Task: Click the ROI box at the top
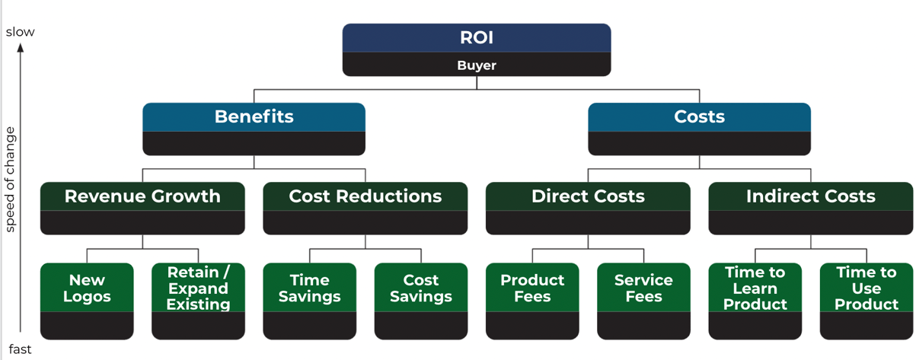pyautogui.click(x=476, y=38)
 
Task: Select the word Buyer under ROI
pyautogui.click(x=476, y=65)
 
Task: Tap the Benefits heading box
pyautogui.click(x=254, y=116)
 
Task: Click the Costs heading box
pyautogui.click(x=699, y=116)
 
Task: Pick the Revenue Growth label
pyautogui.click(x=142, y=196)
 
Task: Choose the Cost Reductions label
pyautogui.click(x=365, y=196)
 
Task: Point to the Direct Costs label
pyautogui.click(x=588, y=196)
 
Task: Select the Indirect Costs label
pyautogui.click(x=810, y=196)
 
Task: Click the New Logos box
pyautogui.click(x=87, y=288)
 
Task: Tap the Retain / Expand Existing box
pyautogui.click(x=198, y=288)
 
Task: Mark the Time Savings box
pyautogui.click(x=309, y=288)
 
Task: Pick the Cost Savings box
pyautogui.click(x=421, y=288)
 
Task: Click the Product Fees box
pyautogui.click(x=532, y=288)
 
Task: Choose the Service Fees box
pyautogui.click(x=643, y=288)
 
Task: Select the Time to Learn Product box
pyautogui.click(x=755, y=288)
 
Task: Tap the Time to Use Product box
pyautogui.click(x=867, y=288)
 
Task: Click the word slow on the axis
pyautogui.click(x=20, y=32)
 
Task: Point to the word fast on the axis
pyautogui.click(x=20, y=350)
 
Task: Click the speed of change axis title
pyautogui.click(x=10, y=180)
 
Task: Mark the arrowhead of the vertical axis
pyautogui.click(x=21, y=47)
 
